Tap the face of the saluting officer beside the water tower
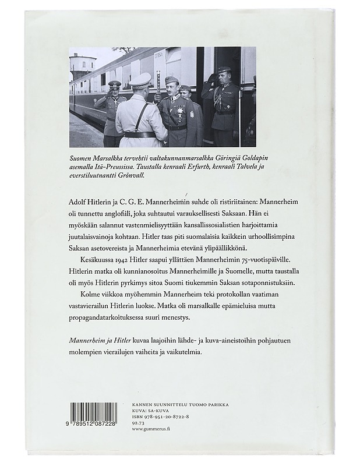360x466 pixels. (x=114, y=92)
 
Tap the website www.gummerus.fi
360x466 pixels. (x=154, y=432)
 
